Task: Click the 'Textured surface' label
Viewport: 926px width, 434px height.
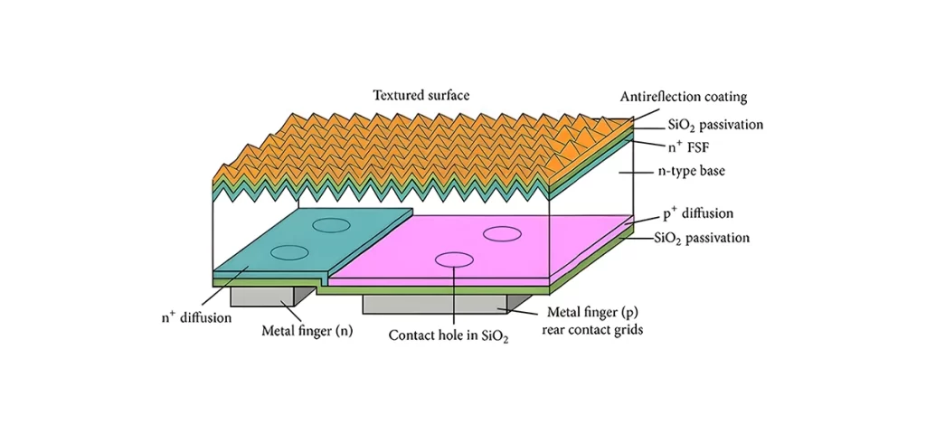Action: click(420, 94)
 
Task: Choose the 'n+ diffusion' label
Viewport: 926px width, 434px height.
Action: click(196, 317)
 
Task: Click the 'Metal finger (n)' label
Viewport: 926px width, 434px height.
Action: click(307, 332)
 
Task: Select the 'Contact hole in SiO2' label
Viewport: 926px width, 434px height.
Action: click(449, 335)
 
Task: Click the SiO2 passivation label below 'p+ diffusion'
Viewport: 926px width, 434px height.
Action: click(702, 238)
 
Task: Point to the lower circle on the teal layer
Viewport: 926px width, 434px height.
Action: click(288, 252)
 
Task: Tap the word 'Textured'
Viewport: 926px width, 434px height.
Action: click(399, 94)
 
